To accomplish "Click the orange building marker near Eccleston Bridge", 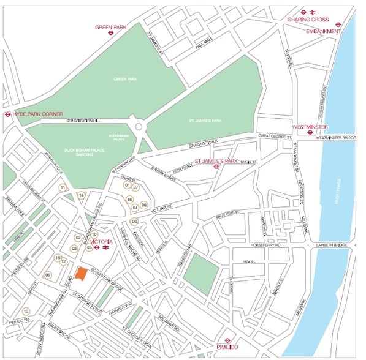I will click(80, 275).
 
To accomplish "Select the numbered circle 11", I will click(63, 187).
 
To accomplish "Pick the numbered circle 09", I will click(47, 275).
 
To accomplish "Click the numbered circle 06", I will click(134, 222).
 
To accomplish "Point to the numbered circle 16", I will click(129, 199).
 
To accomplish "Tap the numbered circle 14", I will click(81, 195).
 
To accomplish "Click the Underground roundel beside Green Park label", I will click(110, 35).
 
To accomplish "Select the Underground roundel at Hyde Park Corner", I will click(7, 114).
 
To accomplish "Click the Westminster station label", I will click(310, 126).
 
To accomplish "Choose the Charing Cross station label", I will click(308, 20).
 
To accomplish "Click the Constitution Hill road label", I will click(83, 121).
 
